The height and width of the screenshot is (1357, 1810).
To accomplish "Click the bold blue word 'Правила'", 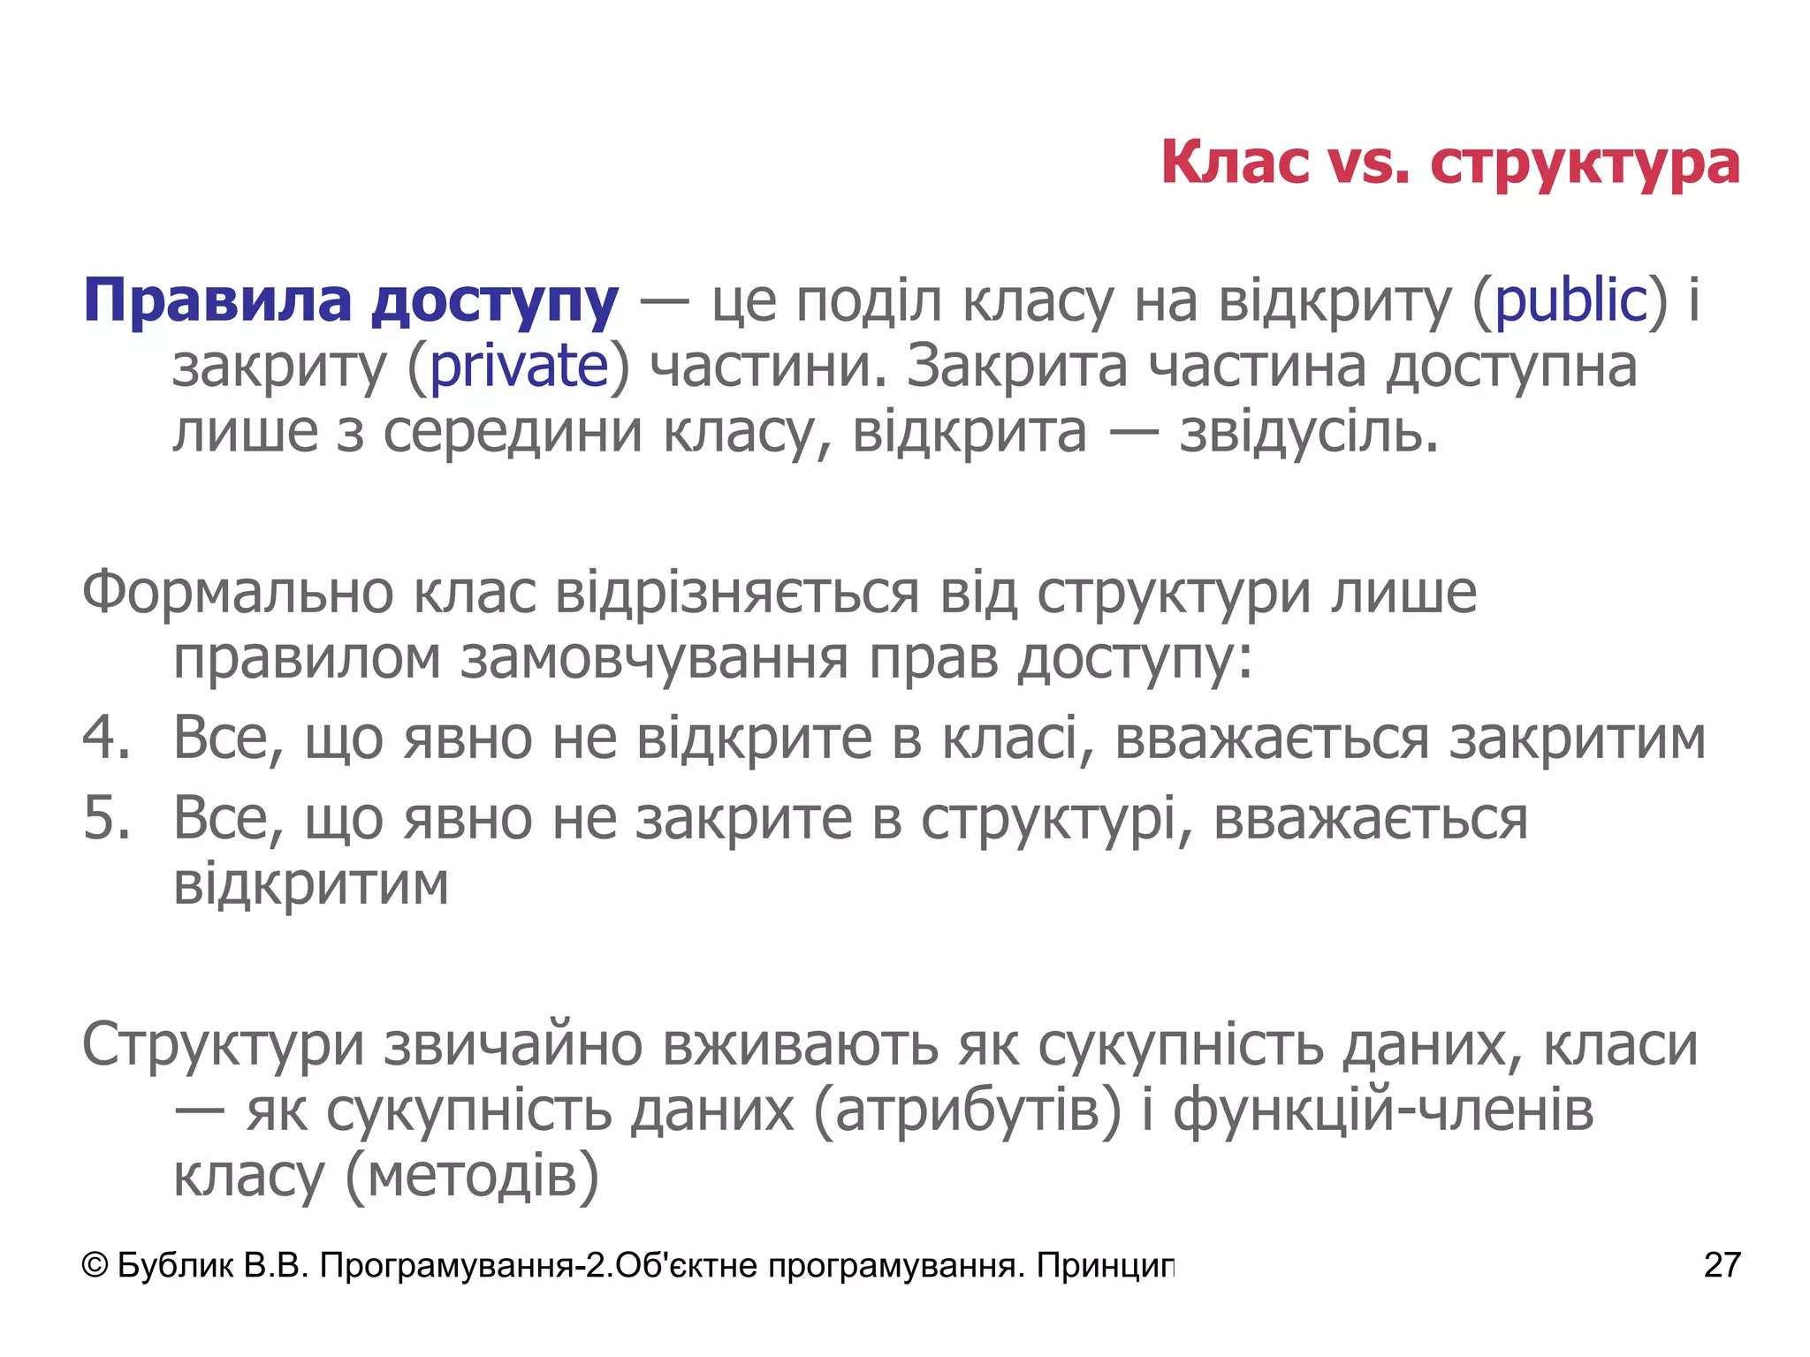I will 217,301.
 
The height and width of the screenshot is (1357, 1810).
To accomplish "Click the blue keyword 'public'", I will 1570,301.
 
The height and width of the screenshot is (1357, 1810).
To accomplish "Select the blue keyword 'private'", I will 519,367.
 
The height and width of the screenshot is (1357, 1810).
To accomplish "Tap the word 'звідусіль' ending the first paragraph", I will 1308,433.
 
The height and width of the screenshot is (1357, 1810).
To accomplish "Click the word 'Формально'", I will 238,593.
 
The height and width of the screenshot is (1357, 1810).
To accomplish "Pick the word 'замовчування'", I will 654,659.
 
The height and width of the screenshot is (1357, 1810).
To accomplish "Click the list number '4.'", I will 106,738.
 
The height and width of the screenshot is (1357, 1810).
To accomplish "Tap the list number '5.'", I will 106,818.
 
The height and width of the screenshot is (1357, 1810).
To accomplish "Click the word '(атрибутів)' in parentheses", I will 967,1111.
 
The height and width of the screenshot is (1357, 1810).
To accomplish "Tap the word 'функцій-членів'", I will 1384,1111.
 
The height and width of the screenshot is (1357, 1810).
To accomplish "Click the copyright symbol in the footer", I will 94,1266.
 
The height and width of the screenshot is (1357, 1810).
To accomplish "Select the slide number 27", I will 1722,1266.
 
